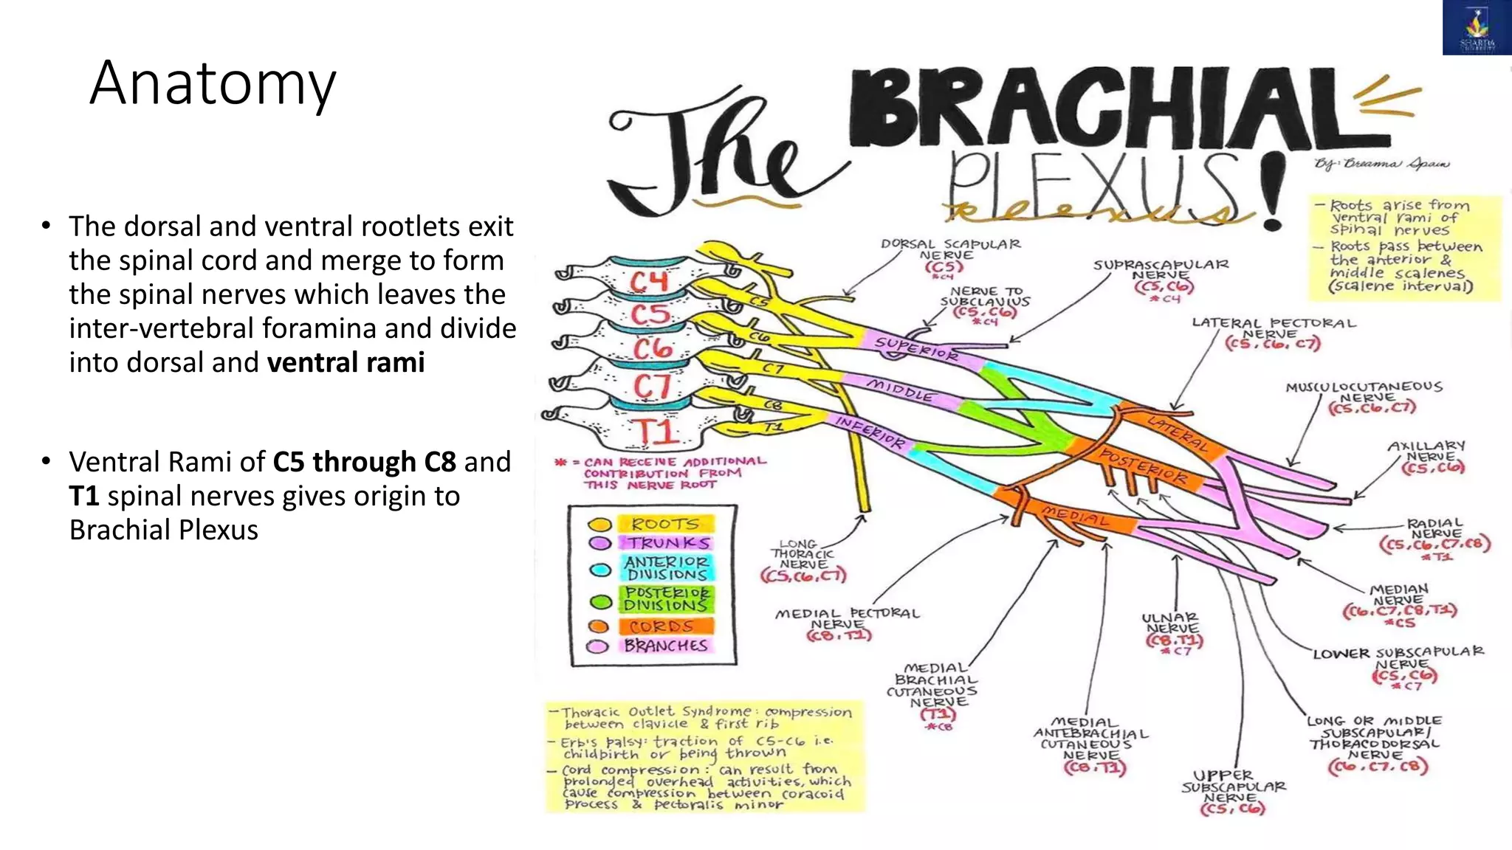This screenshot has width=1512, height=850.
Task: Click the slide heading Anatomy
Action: [x=213, y=84]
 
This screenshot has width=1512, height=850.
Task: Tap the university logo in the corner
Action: [x=1477, y=28]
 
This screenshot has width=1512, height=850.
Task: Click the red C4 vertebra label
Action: [x=648, y=282]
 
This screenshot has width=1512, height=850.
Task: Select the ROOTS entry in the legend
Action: [x=664, y=524]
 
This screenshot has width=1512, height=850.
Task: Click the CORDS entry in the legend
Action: [x=661, y=626]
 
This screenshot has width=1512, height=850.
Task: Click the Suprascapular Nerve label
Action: [x=1161, y=269]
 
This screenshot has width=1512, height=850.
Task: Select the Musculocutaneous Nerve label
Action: [x=1363, y=392]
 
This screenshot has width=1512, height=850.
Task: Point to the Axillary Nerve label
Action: [x=1426, y=451]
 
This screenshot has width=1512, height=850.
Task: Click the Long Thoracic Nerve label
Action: [x=802, y=554]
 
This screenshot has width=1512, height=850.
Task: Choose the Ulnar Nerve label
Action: [x=1171, y=623]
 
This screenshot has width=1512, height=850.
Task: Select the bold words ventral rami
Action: [x=346, y=363]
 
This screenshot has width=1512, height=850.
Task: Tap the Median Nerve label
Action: [x=1398, y=595]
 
